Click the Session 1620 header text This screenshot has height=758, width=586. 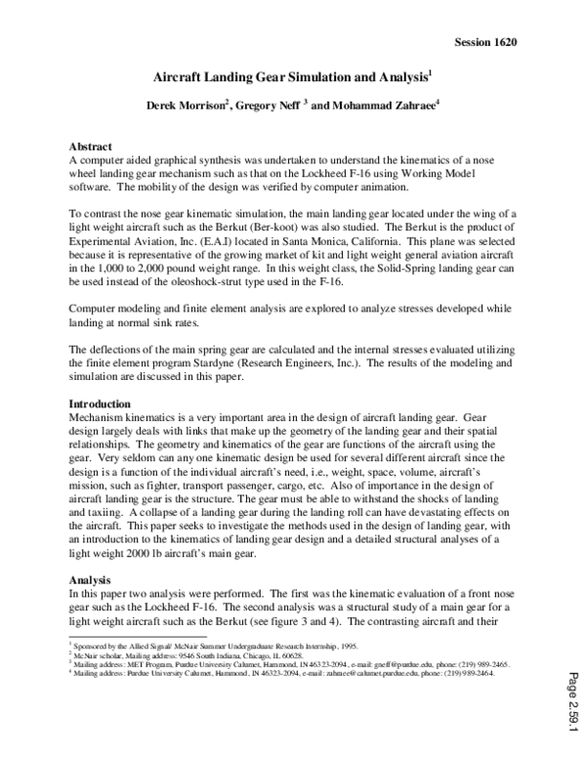pyautogui.click(x=485, y=42)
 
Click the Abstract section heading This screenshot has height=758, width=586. pyautogui.click(x=96, y=146)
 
